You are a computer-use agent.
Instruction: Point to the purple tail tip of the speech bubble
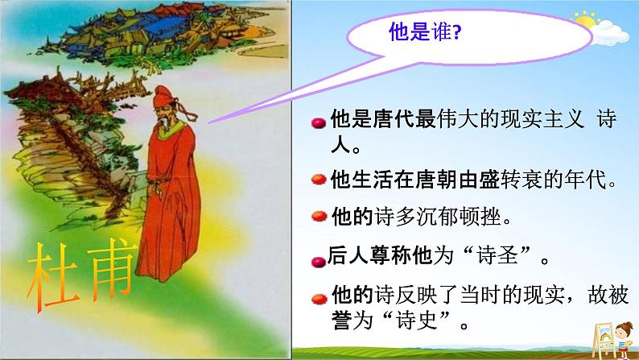click(x=209, y=122)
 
